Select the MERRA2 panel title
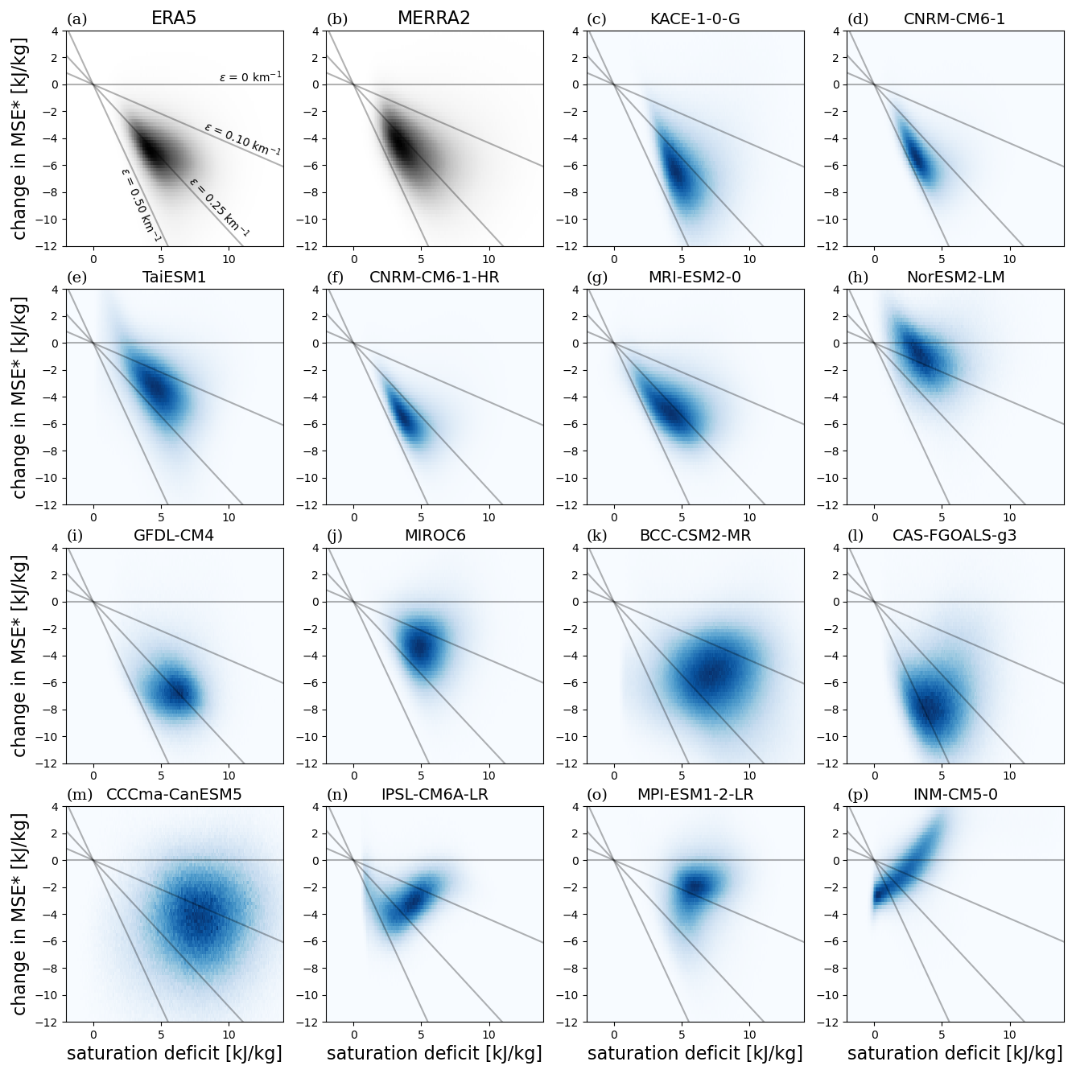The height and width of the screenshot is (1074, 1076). coord(434,19)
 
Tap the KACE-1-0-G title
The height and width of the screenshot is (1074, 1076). coord(695,19)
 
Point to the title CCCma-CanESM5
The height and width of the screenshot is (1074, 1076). coord(174,795)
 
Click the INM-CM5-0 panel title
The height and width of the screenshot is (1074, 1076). coord(955,795)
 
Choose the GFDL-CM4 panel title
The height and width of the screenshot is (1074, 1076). coord(174,536)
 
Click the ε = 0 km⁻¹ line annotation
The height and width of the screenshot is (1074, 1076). coord(250,77)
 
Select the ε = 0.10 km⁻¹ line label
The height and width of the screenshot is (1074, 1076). coord(242,139)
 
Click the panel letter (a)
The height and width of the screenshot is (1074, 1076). coord(76,19)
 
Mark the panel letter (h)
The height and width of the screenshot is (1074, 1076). coord(858,278)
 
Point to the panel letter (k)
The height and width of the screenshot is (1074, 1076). coord(597,537)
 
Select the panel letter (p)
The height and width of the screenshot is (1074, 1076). coord(858,796)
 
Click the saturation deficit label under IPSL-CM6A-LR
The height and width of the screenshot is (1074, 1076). coord(434,1054)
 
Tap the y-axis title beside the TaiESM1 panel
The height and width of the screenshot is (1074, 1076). coord(21,397)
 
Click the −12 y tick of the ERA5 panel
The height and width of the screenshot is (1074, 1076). coord(49,246)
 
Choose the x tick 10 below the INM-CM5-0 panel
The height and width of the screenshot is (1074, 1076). coord(1009,1033)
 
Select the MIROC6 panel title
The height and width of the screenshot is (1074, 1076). coord(435,536)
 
